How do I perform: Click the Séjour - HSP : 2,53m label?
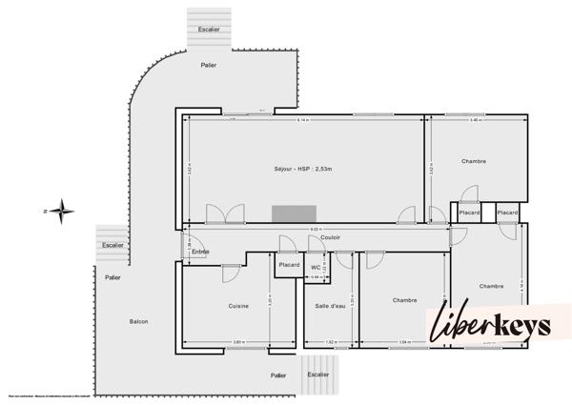click(x=301, y=169)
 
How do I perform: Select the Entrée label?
click(x=200, y=252)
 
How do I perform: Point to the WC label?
click(x=316, y=268)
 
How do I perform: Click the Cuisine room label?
click(x=238, y=306)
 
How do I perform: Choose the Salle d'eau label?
click(x=330, y=306)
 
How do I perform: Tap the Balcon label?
click(x=138, y=322)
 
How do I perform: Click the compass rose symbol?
click(x=61, y=211)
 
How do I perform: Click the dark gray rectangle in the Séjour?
click(x=288, y=214)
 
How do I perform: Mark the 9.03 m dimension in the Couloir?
click(x=315, y=230)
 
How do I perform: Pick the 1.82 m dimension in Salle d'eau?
click(x=330, y=341)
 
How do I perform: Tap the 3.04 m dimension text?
click(x=404, y=341)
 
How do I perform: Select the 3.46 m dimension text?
click(x=475, y=121)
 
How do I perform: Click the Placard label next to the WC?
click(x=290, y=265)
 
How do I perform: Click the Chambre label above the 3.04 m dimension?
click(x=405, y=300)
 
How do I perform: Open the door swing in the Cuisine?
click(x=230, y=273)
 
